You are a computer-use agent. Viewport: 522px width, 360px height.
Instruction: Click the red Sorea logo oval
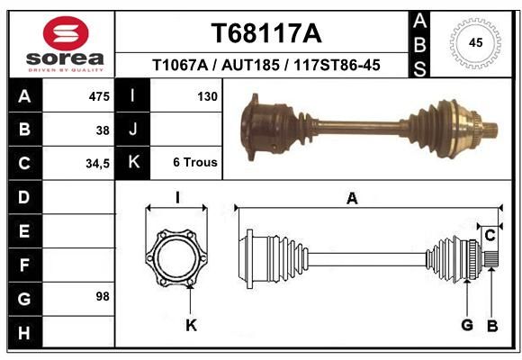click(66, 33)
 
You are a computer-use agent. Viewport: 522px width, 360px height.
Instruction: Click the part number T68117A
click(266, 33)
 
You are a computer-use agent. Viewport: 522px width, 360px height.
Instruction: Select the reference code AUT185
click(250, 65)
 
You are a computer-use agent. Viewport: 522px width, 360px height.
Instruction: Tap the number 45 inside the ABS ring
click(475, 42)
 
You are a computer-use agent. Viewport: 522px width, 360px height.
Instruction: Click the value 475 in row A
click(99, 96)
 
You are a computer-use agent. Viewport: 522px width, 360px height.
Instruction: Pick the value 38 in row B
click(103, 130)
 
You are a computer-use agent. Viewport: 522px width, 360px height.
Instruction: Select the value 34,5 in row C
click(97, 164)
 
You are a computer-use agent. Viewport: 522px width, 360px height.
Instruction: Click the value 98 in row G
click(103, 296)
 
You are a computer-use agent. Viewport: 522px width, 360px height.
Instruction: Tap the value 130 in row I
click(207, 96)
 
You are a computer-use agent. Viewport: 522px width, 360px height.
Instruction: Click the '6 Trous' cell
click(195, 162)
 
